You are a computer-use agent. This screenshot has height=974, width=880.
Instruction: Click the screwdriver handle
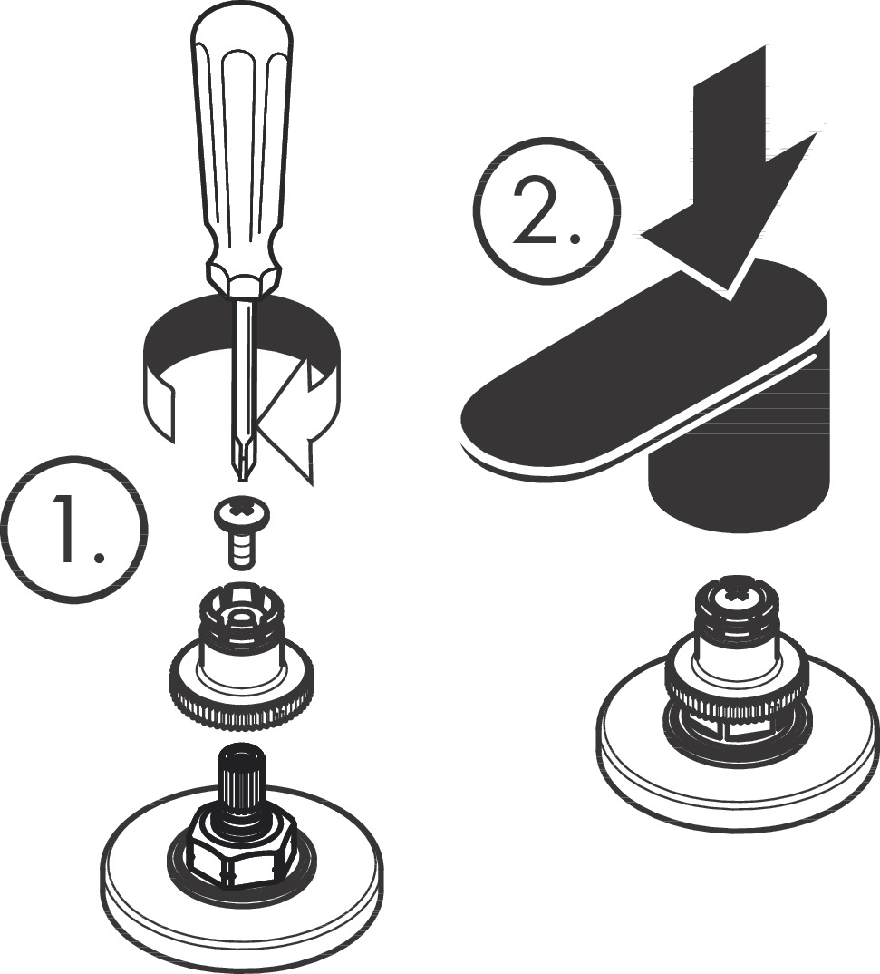pyautogui.click(x=242, y=143)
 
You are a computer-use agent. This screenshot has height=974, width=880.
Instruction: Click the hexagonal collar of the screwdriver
pyautogui.click(x=243, y=279)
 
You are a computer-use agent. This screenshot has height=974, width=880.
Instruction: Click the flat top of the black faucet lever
pyautogui.click(x=645, y=360)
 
